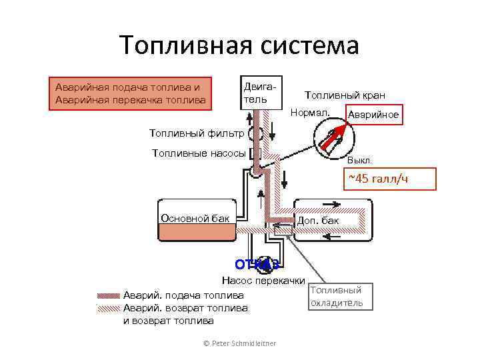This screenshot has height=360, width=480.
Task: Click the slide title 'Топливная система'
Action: click(239, 45)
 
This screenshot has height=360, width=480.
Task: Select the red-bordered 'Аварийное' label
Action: click(373, 115)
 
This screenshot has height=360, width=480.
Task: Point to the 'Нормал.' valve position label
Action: click(310, 112)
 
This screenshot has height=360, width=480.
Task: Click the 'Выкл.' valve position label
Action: click(360, 161)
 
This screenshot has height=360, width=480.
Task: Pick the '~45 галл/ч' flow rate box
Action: click(389, 178)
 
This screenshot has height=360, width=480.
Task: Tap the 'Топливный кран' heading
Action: click(345, 95)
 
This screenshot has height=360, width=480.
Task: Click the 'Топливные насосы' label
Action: click(199, 153)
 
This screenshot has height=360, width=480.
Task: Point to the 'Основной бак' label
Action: click(195, 218)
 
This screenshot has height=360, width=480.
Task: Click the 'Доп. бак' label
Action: click(318, 220)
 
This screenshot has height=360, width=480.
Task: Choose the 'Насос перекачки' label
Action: click(263, 281)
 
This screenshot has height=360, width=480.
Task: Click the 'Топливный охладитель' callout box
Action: click(337, 297)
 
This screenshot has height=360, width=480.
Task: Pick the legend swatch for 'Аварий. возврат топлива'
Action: click(109, 308)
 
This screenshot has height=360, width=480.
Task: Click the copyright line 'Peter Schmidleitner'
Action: click(239, 343)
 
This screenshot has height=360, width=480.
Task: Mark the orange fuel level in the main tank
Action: click(196, 231)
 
